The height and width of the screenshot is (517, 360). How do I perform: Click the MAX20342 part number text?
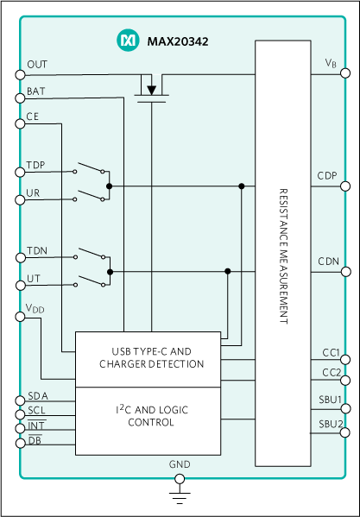(x=177, y=41)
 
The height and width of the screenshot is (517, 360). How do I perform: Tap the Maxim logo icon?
(x=127, y=40)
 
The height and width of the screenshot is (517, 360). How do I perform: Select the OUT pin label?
(x=37, y=65)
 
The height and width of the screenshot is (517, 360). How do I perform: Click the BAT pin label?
(x=36, y=90)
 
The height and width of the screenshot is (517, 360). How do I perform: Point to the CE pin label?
(x=32, y=116)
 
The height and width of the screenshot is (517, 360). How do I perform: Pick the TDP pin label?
(x=36, y=164)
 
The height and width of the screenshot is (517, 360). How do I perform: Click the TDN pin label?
(x=36, y=250)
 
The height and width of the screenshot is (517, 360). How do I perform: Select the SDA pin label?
(x=38, y=395)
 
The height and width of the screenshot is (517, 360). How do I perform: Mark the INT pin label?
(x=35, y=426)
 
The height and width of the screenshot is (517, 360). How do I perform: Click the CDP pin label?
(x=327, y=176)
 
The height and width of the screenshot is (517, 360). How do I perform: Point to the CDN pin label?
(x=327, y=262)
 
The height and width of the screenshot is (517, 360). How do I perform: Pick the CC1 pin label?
(x=330, y=353)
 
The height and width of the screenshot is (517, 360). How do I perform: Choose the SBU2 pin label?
(x=330, y=424)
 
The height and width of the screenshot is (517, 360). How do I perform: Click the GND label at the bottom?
(x=180, y=464)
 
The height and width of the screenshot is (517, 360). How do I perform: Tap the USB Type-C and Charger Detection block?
(x=151, y=358)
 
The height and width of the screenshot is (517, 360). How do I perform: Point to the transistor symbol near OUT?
(x=151, y=89)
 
